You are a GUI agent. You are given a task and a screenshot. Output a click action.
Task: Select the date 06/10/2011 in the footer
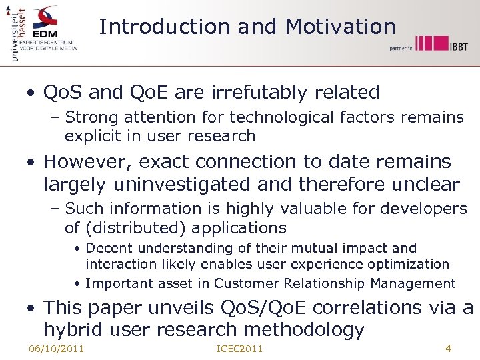pyautogui.click(x=57, y=349)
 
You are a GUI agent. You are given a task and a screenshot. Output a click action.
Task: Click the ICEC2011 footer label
pyautogui.click(x=240, y=349)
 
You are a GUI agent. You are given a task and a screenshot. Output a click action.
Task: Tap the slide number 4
pyautogui.click(x=448, y=348)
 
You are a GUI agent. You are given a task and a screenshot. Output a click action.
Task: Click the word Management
pyautogui.click(x=413, y=283)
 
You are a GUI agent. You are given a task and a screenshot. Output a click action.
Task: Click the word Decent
pyautogui.click(x=109, y=248)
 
